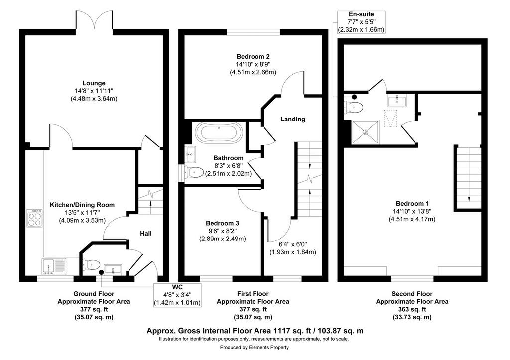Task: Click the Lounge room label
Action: tap(94, 83)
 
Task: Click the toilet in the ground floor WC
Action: tap(92, 265)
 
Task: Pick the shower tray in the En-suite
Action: tap(365, 132)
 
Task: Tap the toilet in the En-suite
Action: tap(354, 107)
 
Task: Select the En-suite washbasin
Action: tap(397, 100)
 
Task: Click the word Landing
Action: tap(293, 119)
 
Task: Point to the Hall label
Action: tap(146, 233)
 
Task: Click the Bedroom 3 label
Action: tap(223, 223)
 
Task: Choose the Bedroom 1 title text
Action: tap(412, 203)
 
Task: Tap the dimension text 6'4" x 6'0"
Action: tap(293, 244)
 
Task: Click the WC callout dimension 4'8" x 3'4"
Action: tap(178, 295)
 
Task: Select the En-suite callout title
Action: tap(362, 14)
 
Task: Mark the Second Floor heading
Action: tap(412, 294)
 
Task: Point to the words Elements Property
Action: tap(269, 348)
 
